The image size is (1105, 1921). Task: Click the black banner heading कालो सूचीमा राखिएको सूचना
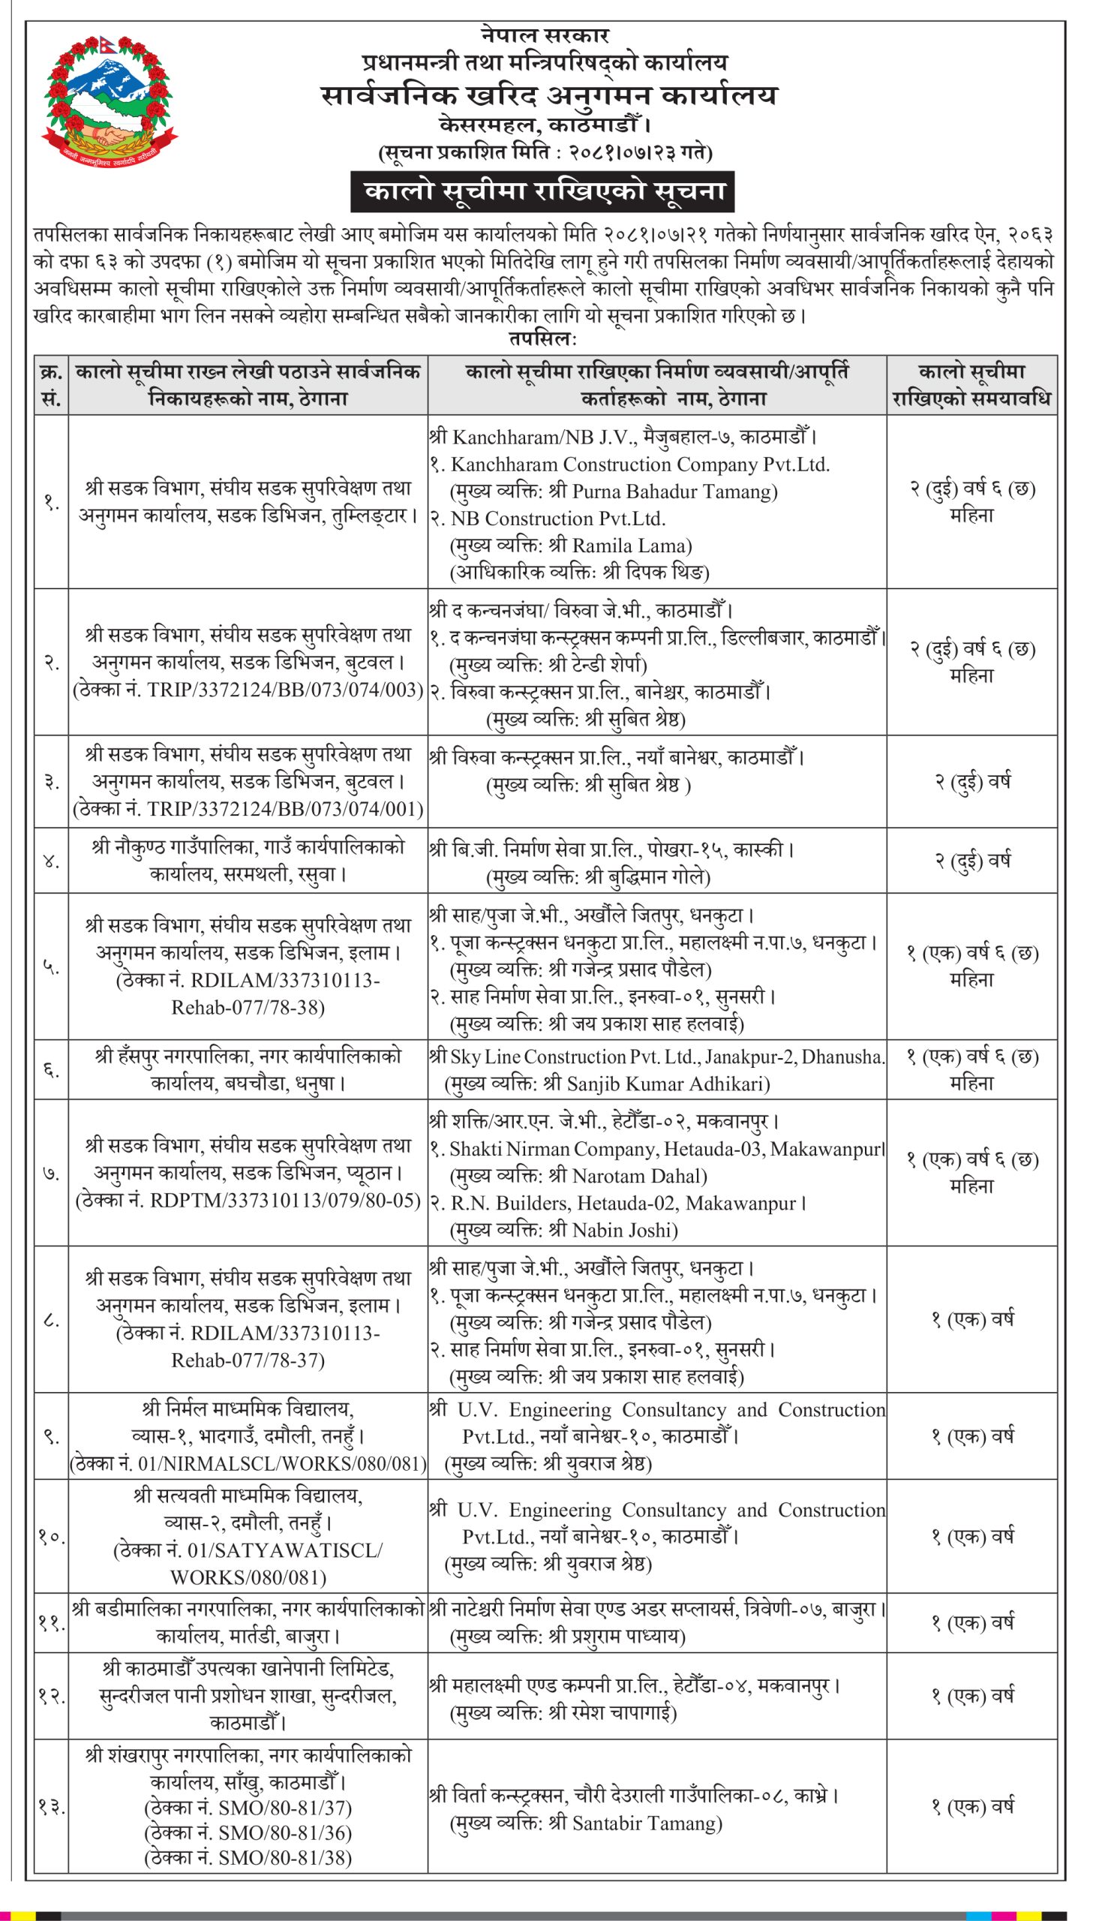click(x=542, y=192)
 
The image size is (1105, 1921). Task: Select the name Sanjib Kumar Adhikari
click(x=656, y=1084)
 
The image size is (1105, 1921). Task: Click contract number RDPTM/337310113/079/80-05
click(x=284, y=1200)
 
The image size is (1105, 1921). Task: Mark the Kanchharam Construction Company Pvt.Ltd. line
click(x=640, y=464)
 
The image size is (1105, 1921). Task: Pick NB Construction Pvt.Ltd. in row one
click(x=558, y=519)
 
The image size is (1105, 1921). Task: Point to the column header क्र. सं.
click(x=51, y=385)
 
